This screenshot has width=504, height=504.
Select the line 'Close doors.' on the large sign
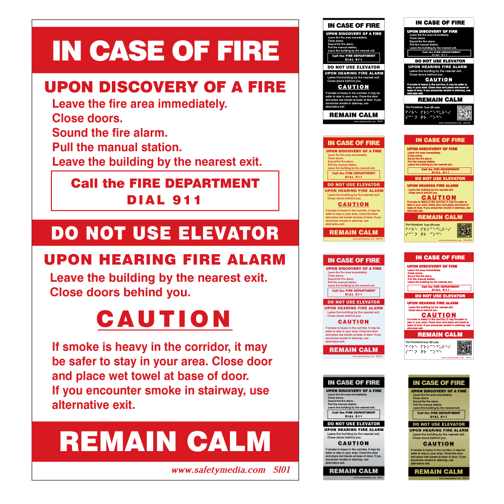[x=87, y=118]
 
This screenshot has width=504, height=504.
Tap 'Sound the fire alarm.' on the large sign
[x=110, y=133]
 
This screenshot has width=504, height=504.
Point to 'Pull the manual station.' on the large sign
[x=116, y=148]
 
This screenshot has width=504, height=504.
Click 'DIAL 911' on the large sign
[x=164, y=200]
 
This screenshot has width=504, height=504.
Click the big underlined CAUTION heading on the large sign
[x=164, y=319]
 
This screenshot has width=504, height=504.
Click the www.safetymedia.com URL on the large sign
[x=218, y=470]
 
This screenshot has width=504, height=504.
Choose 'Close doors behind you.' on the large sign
[x=120, y=292]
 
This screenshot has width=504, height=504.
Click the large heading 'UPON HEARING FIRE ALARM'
[x=165, y=260]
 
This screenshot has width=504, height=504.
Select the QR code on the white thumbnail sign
[x=464, y=347]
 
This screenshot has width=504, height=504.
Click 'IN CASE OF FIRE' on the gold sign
[x=438, y=383]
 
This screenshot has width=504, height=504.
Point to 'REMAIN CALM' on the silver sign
[x=353, y=471]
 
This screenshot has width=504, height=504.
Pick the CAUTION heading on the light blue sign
[x=353, y=322]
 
